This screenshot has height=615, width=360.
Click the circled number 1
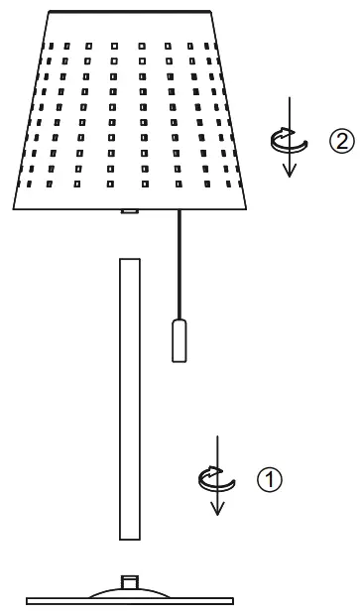point(269,479)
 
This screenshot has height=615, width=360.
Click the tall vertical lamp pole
point(129,397)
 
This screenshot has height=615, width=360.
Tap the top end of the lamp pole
point(129,261)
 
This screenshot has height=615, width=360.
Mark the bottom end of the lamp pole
point(129,538)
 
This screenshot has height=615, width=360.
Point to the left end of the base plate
point(29,600)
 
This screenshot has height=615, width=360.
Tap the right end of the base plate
point(232,600)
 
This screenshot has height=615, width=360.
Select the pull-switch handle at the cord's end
point(180,339)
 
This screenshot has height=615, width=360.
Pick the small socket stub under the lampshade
point(127,210)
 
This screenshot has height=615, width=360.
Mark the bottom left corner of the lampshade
point(15,207)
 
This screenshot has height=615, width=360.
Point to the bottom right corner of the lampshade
point(246,207)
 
